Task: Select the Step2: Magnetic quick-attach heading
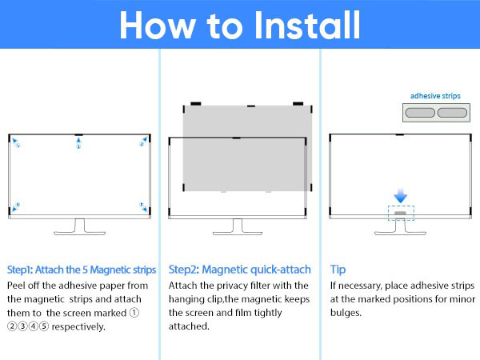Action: [240, 269]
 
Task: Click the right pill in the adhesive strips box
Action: [453, 114]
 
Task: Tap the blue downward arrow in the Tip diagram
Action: [401, 196]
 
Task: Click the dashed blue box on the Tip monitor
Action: [401, 213]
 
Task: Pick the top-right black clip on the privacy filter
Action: [298, 103]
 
